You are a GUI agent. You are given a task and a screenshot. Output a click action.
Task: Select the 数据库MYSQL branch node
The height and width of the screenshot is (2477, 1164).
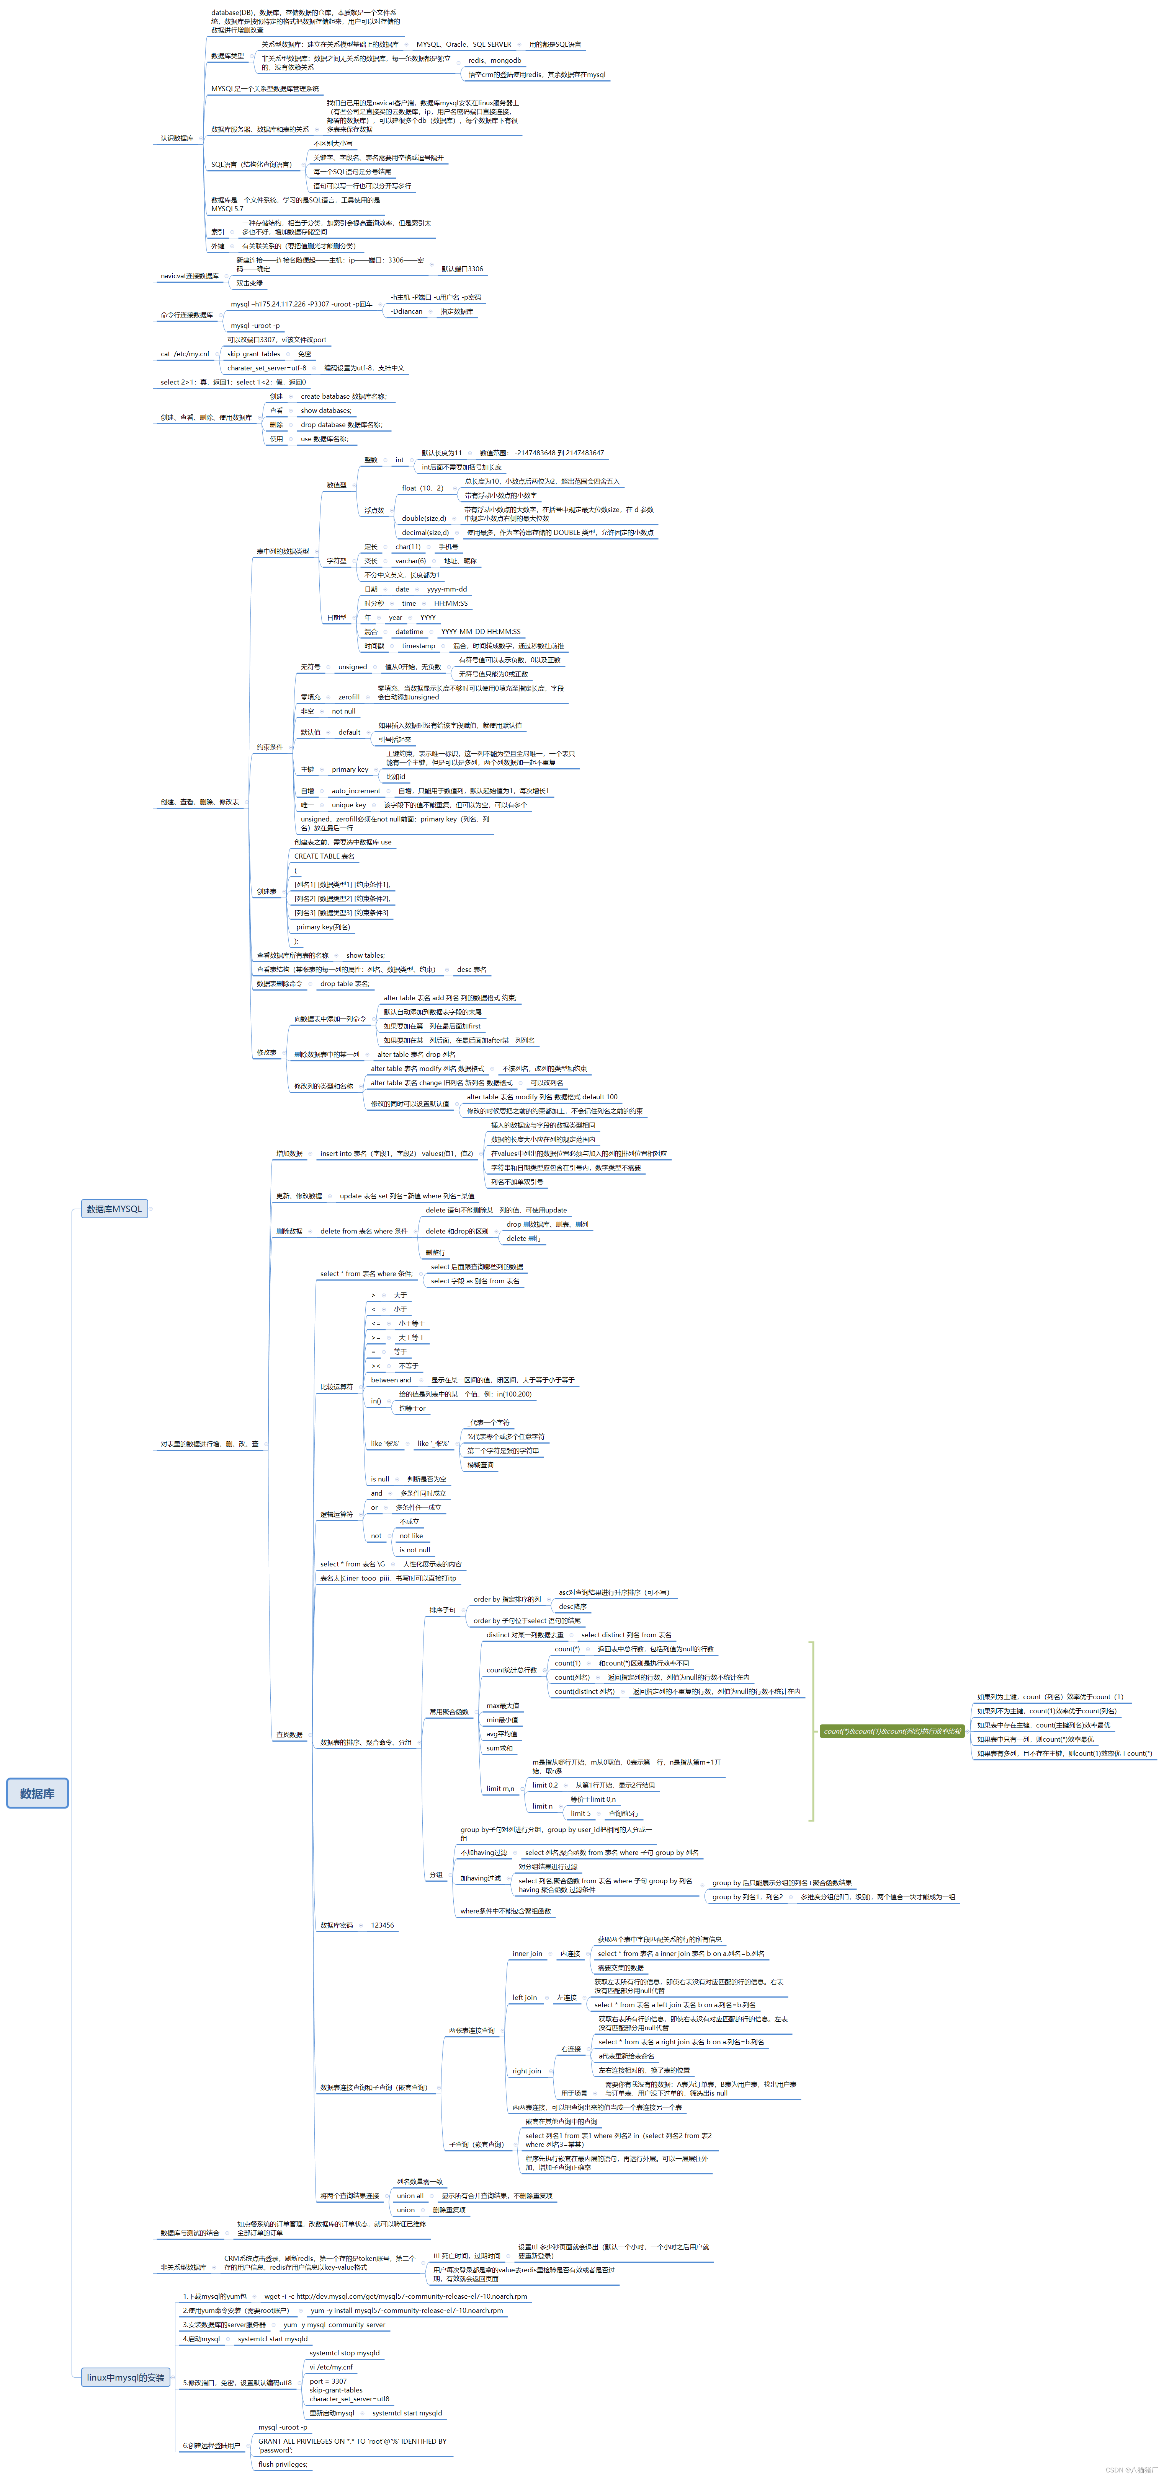point(113,1209)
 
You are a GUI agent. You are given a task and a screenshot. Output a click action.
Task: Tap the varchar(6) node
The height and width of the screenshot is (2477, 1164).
point(410,561)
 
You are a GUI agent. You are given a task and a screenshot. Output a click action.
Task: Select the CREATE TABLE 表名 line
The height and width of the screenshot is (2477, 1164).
point(324,856)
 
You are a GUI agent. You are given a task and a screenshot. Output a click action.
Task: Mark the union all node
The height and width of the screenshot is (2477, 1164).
point(410,2195)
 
